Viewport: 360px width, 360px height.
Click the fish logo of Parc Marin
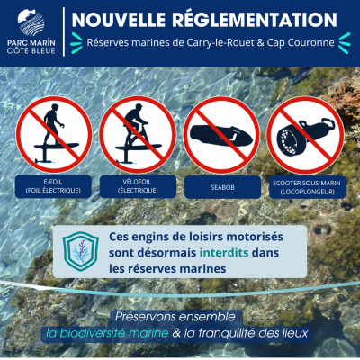pyautogui.click(x=31, y=22)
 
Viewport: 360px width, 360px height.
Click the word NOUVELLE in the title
pyautogui.click(x=119, y=20)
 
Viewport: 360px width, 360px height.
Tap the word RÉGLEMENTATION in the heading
pyautogui.click(x=255, y=20)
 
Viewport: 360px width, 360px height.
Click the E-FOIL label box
pyautogui.click(x=53, y=186)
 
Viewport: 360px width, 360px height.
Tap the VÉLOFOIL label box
pyautogui.click(x=138, y=186)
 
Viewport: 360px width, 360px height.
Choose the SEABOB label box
pyautogui.click(x=222, y=187)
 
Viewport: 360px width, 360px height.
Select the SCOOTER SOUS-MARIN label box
pyautogui.click(x=307, y=187)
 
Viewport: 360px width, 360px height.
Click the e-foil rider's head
pyautogui.click(x=55, y=107)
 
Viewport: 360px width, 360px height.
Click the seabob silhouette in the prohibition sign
pyautogui.click(x=220, y=135)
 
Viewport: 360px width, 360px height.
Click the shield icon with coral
pyautogui.click(x=81, y=251)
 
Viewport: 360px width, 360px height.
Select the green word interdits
pyautogui.click(x=224, y=253)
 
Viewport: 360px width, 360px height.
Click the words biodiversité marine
pyautogui.click(x=107, y=333)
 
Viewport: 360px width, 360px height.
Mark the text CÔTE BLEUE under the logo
pyautogui.click(x=31, y=50)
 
